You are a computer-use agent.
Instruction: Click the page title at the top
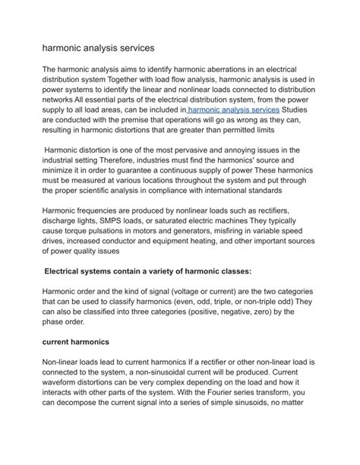[98, 47]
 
